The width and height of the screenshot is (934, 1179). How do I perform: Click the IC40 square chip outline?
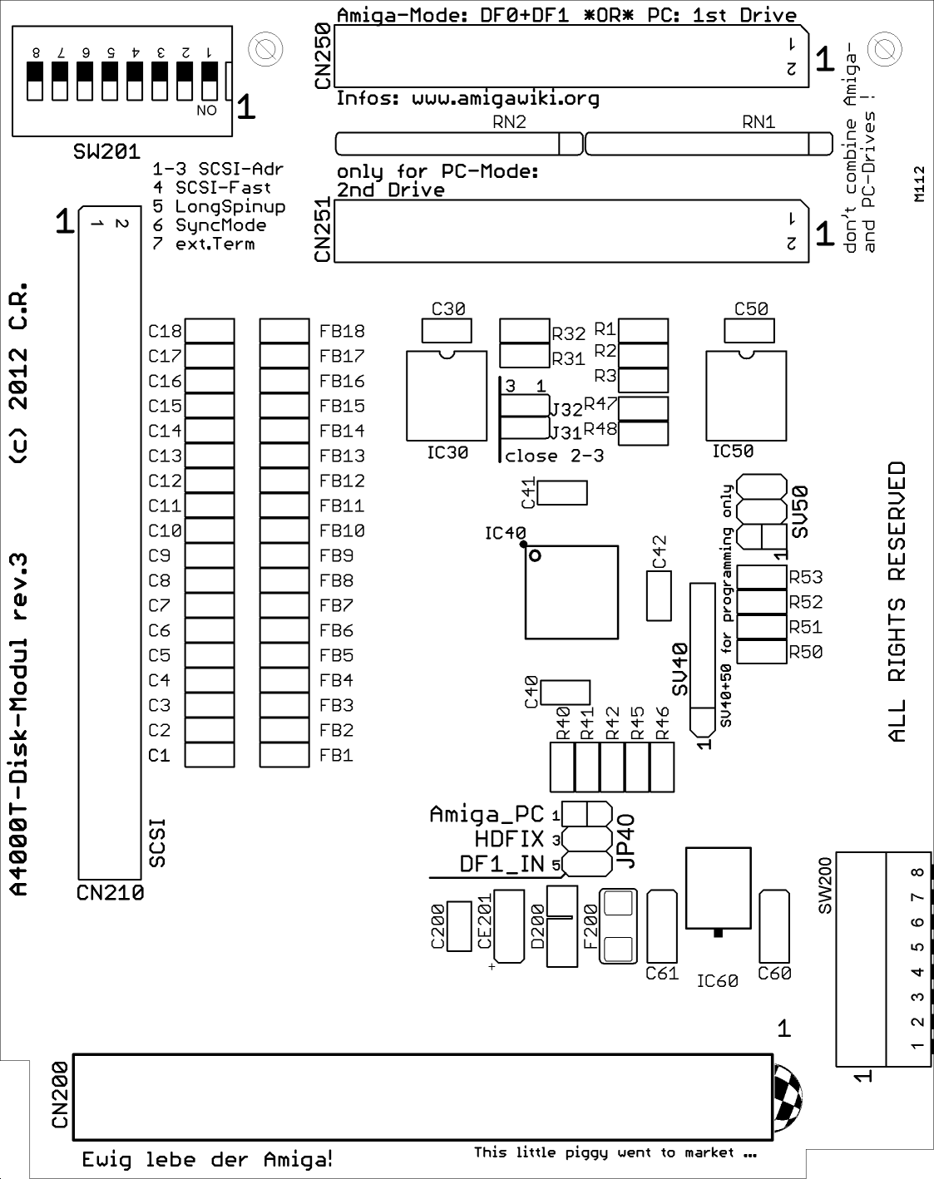coord(571,592)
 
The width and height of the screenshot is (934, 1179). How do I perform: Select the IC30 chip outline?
coord(447,395)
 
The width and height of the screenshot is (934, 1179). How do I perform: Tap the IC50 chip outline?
coord(746,395)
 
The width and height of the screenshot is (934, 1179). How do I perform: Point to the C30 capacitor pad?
coord(447,331)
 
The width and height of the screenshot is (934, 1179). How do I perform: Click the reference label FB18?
coord(342,331)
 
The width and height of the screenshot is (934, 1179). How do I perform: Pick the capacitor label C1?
coord(159,755)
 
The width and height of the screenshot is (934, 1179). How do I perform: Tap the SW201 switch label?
coord(106,152)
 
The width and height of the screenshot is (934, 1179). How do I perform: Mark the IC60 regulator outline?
coord(719,888)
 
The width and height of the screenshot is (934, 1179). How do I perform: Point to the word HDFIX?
coord(509,839)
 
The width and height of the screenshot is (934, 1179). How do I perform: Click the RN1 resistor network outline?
coord(709,143)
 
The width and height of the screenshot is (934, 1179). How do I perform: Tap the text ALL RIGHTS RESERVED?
coord(897,602)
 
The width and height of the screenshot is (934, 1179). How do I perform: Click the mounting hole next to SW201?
coord(265,49)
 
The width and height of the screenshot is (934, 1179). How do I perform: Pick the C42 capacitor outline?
coord(659,595)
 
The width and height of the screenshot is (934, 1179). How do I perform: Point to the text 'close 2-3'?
coord(554,456)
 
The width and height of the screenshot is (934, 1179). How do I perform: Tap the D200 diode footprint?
coord(561,925)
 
